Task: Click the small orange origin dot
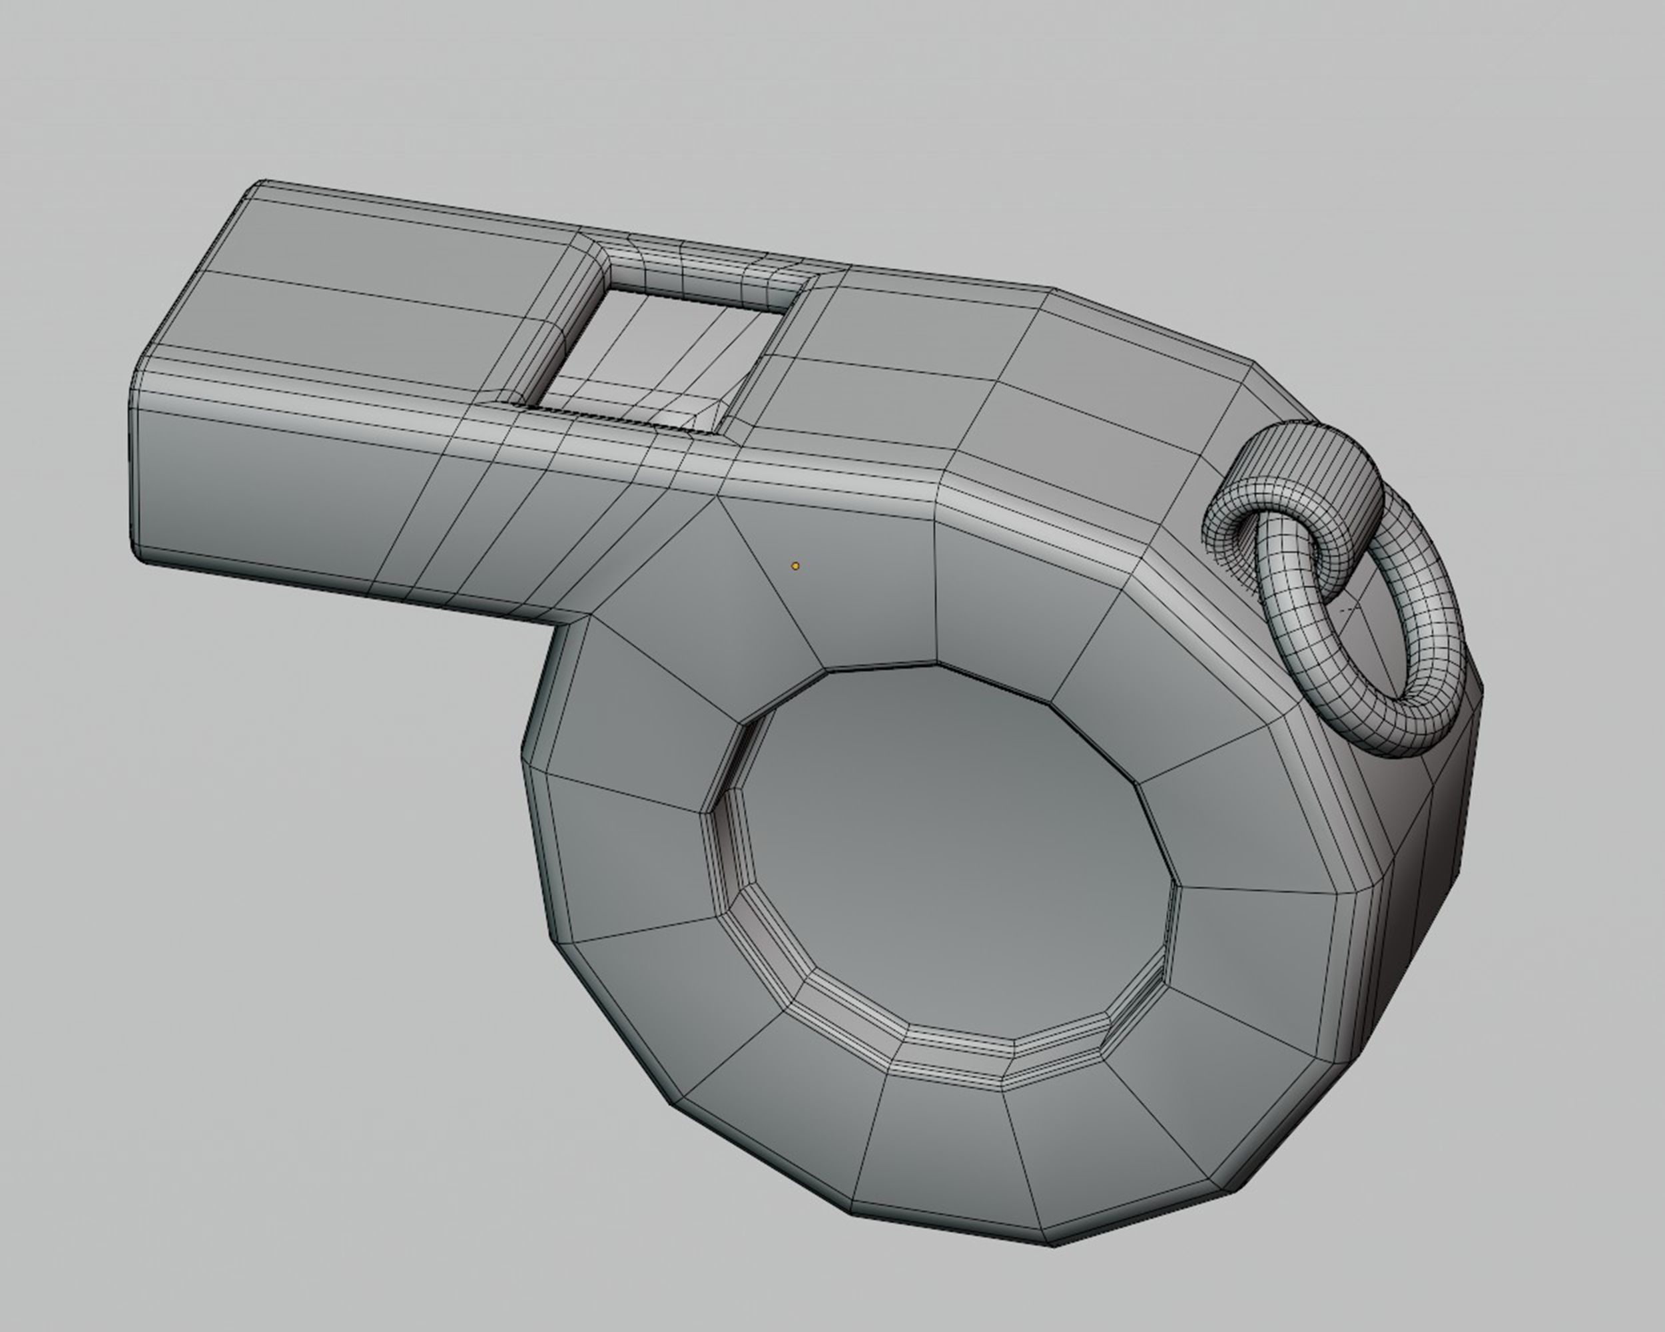point(795,566)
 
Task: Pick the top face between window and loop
point(1004,371)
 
